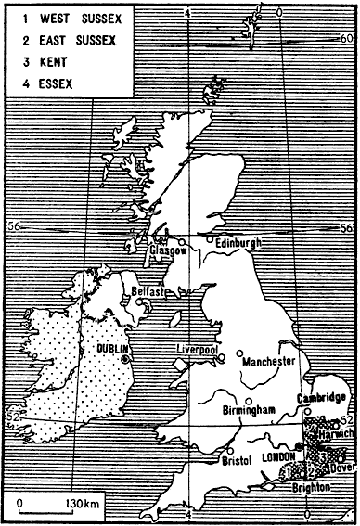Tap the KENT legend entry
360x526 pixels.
coord(43,62)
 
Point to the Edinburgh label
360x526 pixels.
coord(238,242)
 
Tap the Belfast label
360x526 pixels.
coord(149,291)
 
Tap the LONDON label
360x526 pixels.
coord(280,458)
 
